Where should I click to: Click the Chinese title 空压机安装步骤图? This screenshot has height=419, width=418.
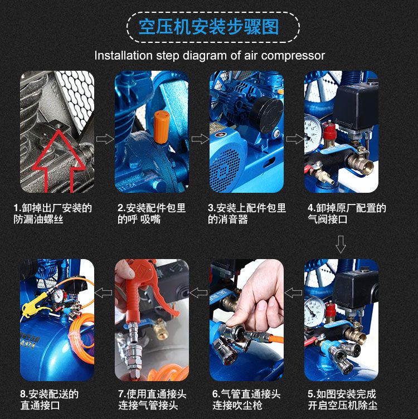point(209,27)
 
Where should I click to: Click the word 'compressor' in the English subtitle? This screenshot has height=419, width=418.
point(293,56)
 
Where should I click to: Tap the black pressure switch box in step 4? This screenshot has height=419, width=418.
point(356,106)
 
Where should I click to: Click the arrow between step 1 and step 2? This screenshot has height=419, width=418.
point(105,139)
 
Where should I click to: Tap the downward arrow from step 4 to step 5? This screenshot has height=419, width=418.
point(341,244)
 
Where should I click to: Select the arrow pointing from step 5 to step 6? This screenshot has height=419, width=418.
point(293,293)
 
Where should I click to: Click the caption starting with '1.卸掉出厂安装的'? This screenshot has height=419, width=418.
point(53,214)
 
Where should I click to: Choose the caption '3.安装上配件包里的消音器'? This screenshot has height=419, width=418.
point(247,214)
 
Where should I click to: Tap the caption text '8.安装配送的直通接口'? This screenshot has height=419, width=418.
point(50,399)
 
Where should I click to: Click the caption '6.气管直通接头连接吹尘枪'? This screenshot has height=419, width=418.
point(246,399)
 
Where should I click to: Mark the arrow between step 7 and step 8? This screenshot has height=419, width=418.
point(104,293)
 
